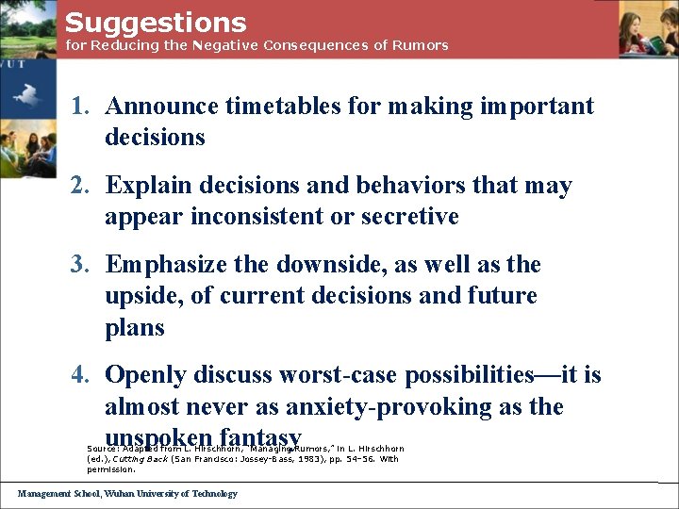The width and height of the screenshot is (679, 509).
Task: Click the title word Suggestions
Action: coord(156,23)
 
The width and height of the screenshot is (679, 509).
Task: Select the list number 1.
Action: coord(81,106)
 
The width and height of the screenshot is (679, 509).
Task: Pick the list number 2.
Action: coord(81,186)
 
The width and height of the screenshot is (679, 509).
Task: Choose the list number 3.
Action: coord(81,265)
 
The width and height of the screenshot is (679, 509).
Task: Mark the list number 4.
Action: coord(81,375)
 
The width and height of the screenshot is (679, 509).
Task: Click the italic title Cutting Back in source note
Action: coord(143,459)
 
